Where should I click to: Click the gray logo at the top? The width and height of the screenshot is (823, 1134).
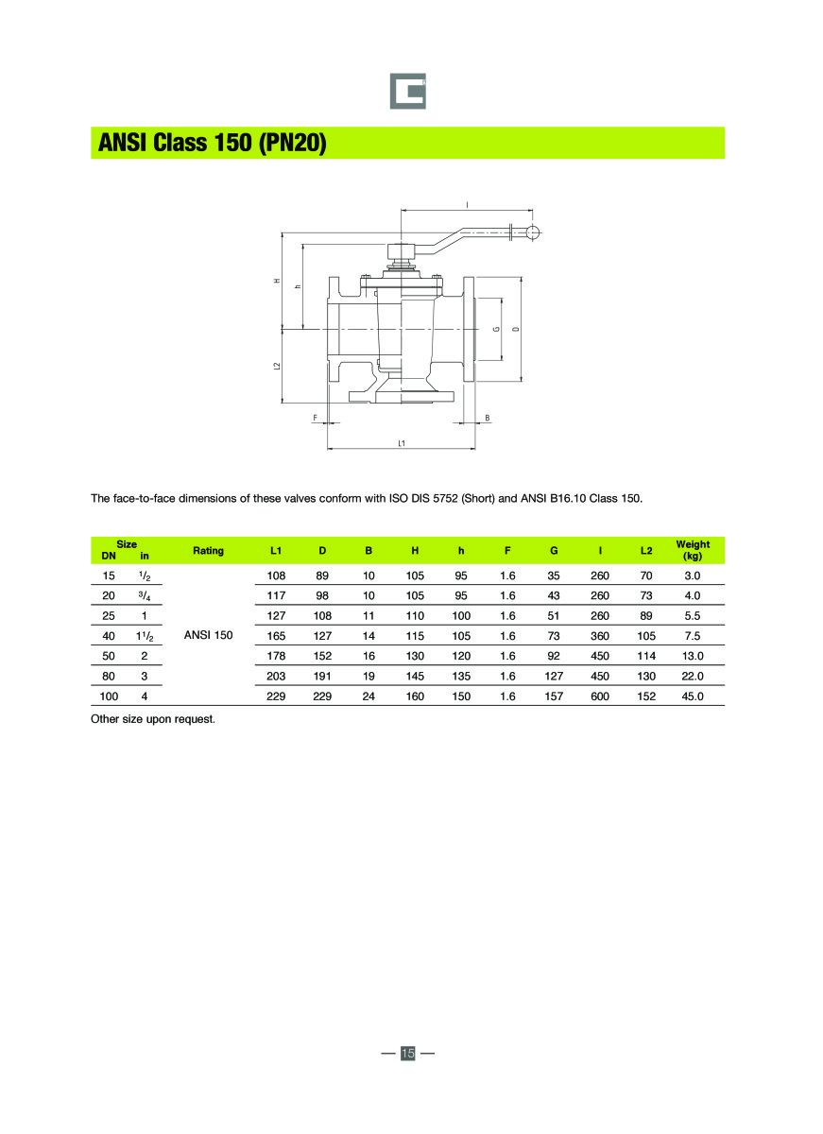point(408,92)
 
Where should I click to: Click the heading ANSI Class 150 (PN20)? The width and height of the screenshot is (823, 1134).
point(212,144)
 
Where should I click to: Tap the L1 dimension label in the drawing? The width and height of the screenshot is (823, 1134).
point(403,442)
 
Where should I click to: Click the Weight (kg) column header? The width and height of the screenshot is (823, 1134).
point(692,550)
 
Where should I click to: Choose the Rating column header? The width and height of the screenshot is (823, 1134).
point(208,550)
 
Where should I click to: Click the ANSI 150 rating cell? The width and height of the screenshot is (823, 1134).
point(208,635)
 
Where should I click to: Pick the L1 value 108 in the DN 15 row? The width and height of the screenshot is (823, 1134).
point(276,576)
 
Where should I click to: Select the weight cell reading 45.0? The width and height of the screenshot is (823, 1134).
point(692,696)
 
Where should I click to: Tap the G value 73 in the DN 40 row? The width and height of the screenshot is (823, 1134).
point(554,636)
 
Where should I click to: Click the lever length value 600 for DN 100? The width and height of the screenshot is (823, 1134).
point(599,696)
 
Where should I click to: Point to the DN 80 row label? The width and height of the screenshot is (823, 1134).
point(109,677)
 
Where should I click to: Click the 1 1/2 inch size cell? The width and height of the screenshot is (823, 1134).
point(145,636)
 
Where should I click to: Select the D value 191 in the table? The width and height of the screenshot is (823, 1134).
point(322,677)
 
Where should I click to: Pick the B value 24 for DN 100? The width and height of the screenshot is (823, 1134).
point(369,696)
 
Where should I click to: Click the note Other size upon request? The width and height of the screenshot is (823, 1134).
point(153,719)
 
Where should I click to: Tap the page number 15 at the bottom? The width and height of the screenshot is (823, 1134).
point(408,1053)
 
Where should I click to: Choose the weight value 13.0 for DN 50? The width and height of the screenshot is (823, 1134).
point(692,656)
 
